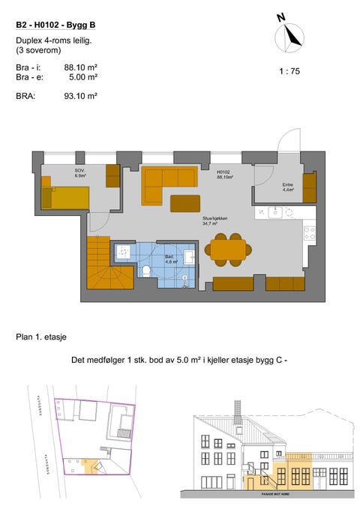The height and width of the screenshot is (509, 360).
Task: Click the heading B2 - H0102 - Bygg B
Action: [x=55, y=25]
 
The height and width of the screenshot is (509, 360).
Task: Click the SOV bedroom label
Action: [x=79, y=173]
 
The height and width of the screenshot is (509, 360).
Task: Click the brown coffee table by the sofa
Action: [x=185, y=203]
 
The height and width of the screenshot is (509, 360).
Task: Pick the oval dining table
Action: [x=227, y=249]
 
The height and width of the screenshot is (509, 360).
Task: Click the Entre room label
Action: [x=287, y=187]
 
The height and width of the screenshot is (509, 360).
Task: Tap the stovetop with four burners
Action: [x=308, y=233]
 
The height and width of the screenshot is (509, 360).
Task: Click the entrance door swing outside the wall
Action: [x=289, y=141]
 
